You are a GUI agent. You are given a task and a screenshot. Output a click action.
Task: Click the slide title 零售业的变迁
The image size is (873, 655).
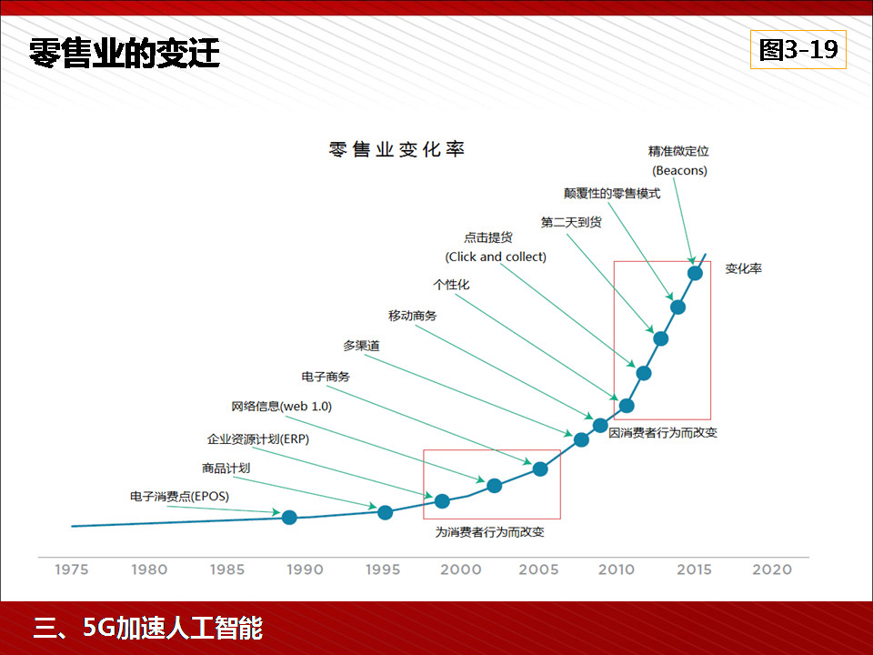click(x=125, y=53)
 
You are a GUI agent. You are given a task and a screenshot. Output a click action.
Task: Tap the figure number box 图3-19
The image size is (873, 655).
click(x=798, y=50)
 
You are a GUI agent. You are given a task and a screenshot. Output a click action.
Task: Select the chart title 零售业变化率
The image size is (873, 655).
click(x=396, y=149)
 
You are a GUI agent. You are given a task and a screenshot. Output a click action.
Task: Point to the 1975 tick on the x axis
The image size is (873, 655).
click(x=72, y=569)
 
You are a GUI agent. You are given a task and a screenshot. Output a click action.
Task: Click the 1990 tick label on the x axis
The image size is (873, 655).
click(x=305, y=569)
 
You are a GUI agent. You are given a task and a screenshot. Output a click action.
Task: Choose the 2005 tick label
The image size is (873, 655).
click(x=538, y=569)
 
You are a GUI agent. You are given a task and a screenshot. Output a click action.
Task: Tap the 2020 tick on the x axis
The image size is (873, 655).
click(x=772, y=569)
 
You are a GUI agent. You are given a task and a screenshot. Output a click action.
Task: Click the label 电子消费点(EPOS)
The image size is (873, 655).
click(x=179, y=497)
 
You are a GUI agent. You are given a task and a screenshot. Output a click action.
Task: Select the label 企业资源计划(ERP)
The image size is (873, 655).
click(x=258, y=439)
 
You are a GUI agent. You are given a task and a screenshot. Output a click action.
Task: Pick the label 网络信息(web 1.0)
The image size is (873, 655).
click(x=281, y=407)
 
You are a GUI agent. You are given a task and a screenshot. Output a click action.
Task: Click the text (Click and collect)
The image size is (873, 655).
click(x=496, y=257)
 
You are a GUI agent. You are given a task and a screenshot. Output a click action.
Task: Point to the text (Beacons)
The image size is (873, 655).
click(x=679, y=170)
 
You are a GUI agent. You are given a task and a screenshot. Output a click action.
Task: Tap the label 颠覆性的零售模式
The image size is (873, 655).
click(x=612, y=194)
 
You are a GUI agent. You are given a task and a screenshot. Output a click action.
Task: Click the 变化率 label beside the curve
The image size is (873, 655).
click(x=743, y=269)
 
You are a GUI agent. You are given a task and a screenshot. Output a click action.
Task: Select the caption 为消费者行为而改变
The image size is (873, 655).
click(x=490, y=532)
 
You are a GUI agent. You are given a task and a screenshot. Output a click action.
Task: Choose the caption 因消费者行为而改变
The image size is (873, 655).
click(x=663, y=432)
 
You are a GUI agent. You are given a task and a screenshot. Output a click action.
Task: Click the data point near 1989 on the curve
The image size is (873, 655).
click(x=289, y=518)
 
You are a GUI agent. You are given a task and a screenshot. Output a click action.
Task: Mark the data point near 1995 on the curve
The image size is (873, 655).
click(x=385, y=511)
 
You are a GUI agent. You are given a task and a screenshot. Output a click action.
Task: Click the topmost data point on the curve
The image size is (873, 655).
click(x=695, y=273)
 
